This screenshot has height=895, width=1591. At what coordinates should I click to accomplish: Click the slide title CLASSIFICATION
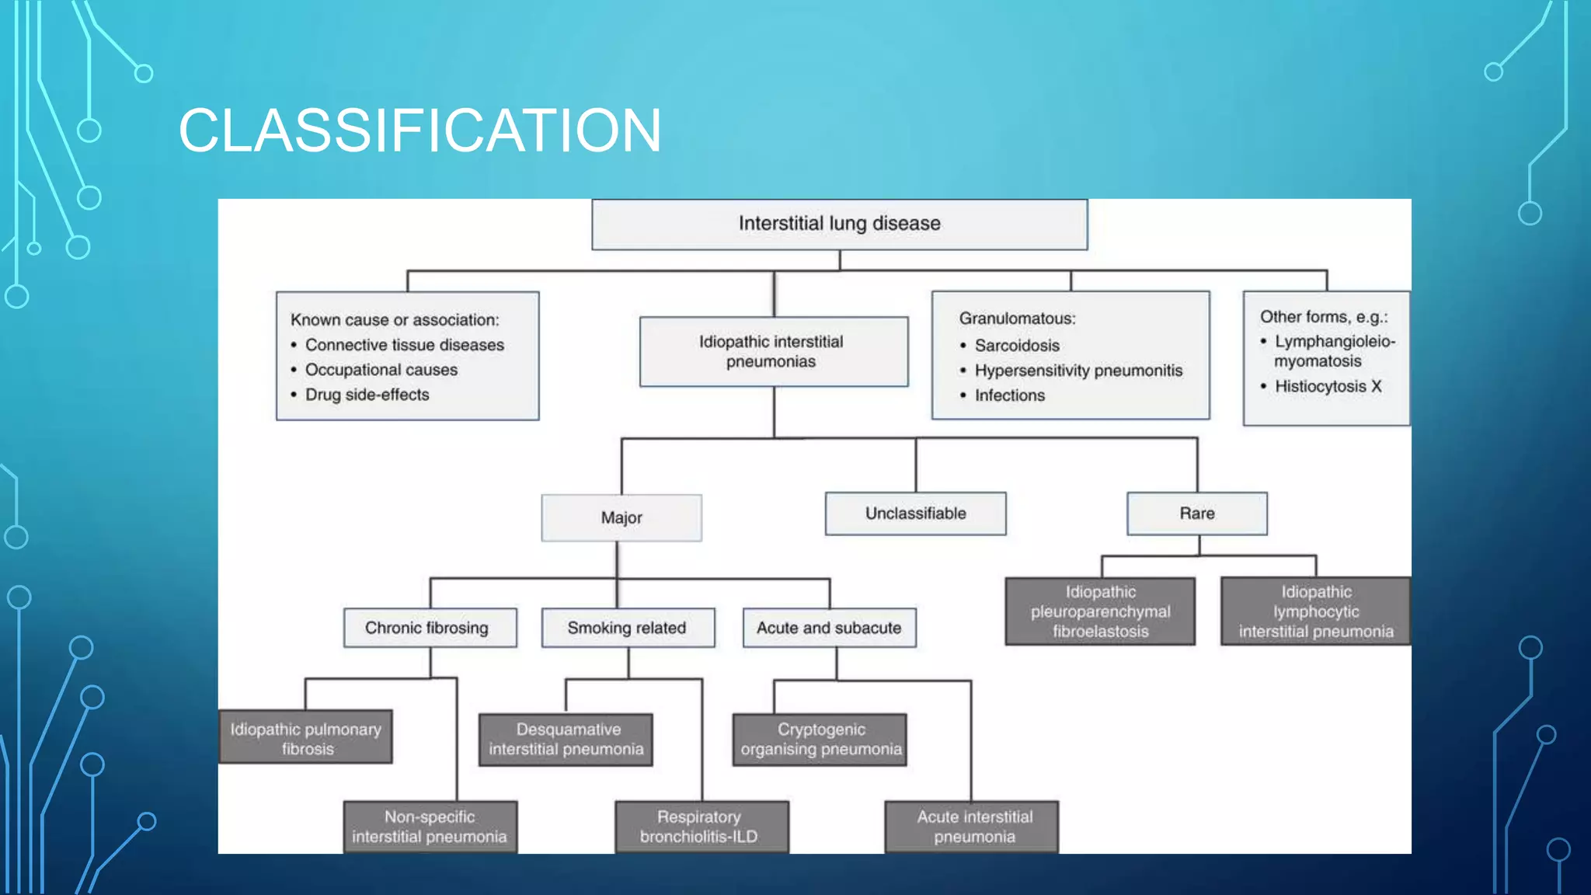420,131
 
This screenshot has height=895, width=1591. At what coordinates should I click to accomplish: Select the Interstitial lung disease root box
839,224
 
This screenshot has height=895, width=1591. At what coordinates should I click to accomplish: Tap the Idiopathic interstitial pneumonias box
773,351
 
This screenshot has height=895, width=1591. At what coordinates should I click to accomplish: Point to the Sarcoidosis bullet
1016,345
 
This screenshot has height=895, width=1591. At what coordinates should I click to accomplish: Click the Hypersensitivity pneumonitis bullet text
1078,371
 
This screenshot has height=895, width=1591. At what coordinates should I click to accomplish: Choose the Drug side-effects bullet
367,395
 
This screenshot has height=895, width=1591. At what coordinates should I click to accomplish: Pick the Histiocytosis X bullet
1328,386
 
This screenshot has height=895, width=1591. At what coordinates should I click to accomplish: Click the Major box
621,517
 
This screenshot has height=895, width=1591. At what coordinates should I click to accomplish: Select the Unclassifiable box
915,514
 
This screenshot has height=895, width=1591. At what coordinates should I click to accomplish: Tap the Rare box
1196,514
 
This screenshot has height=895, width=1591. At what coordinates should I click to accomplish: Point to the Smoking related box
627,628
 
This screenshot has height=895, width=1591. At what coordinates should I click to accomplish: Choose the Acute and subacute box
829,628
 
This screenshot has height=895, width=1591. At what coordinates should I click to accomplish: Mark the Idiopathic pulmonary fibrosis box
305,738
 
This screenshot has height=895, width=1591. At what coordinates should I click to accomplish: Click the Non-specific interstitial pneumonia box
430,827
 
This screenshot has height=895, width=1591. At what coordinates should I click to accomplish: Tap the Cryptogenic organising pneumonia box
820,739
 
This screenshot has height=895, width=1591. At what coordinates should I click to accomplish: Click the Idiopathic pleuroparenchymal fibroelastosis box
1100,611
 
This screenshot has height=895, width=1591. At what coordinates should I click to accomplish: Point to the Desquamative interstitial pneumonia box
566,739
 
